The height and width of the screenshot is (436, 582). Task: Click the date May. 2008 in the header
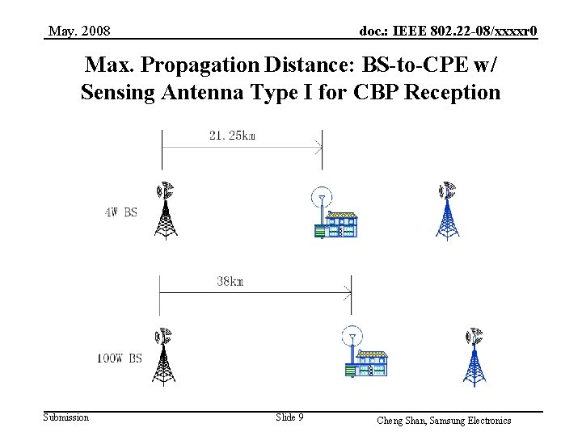79,31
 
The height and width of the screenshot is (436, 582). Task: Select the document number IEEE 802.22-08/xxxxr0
448,31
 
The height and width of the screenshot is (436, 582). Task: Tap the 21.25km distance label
232,135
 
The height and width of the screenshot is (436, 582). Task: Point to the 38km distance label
230,282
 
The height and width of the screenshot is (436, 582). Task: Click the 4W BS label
121,213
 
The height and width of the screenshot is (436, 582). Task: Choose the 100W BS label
119,358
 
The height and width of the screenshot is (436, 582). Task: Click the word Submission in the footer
66,417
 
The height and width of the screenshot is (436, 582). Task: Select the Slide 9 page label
289,417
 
